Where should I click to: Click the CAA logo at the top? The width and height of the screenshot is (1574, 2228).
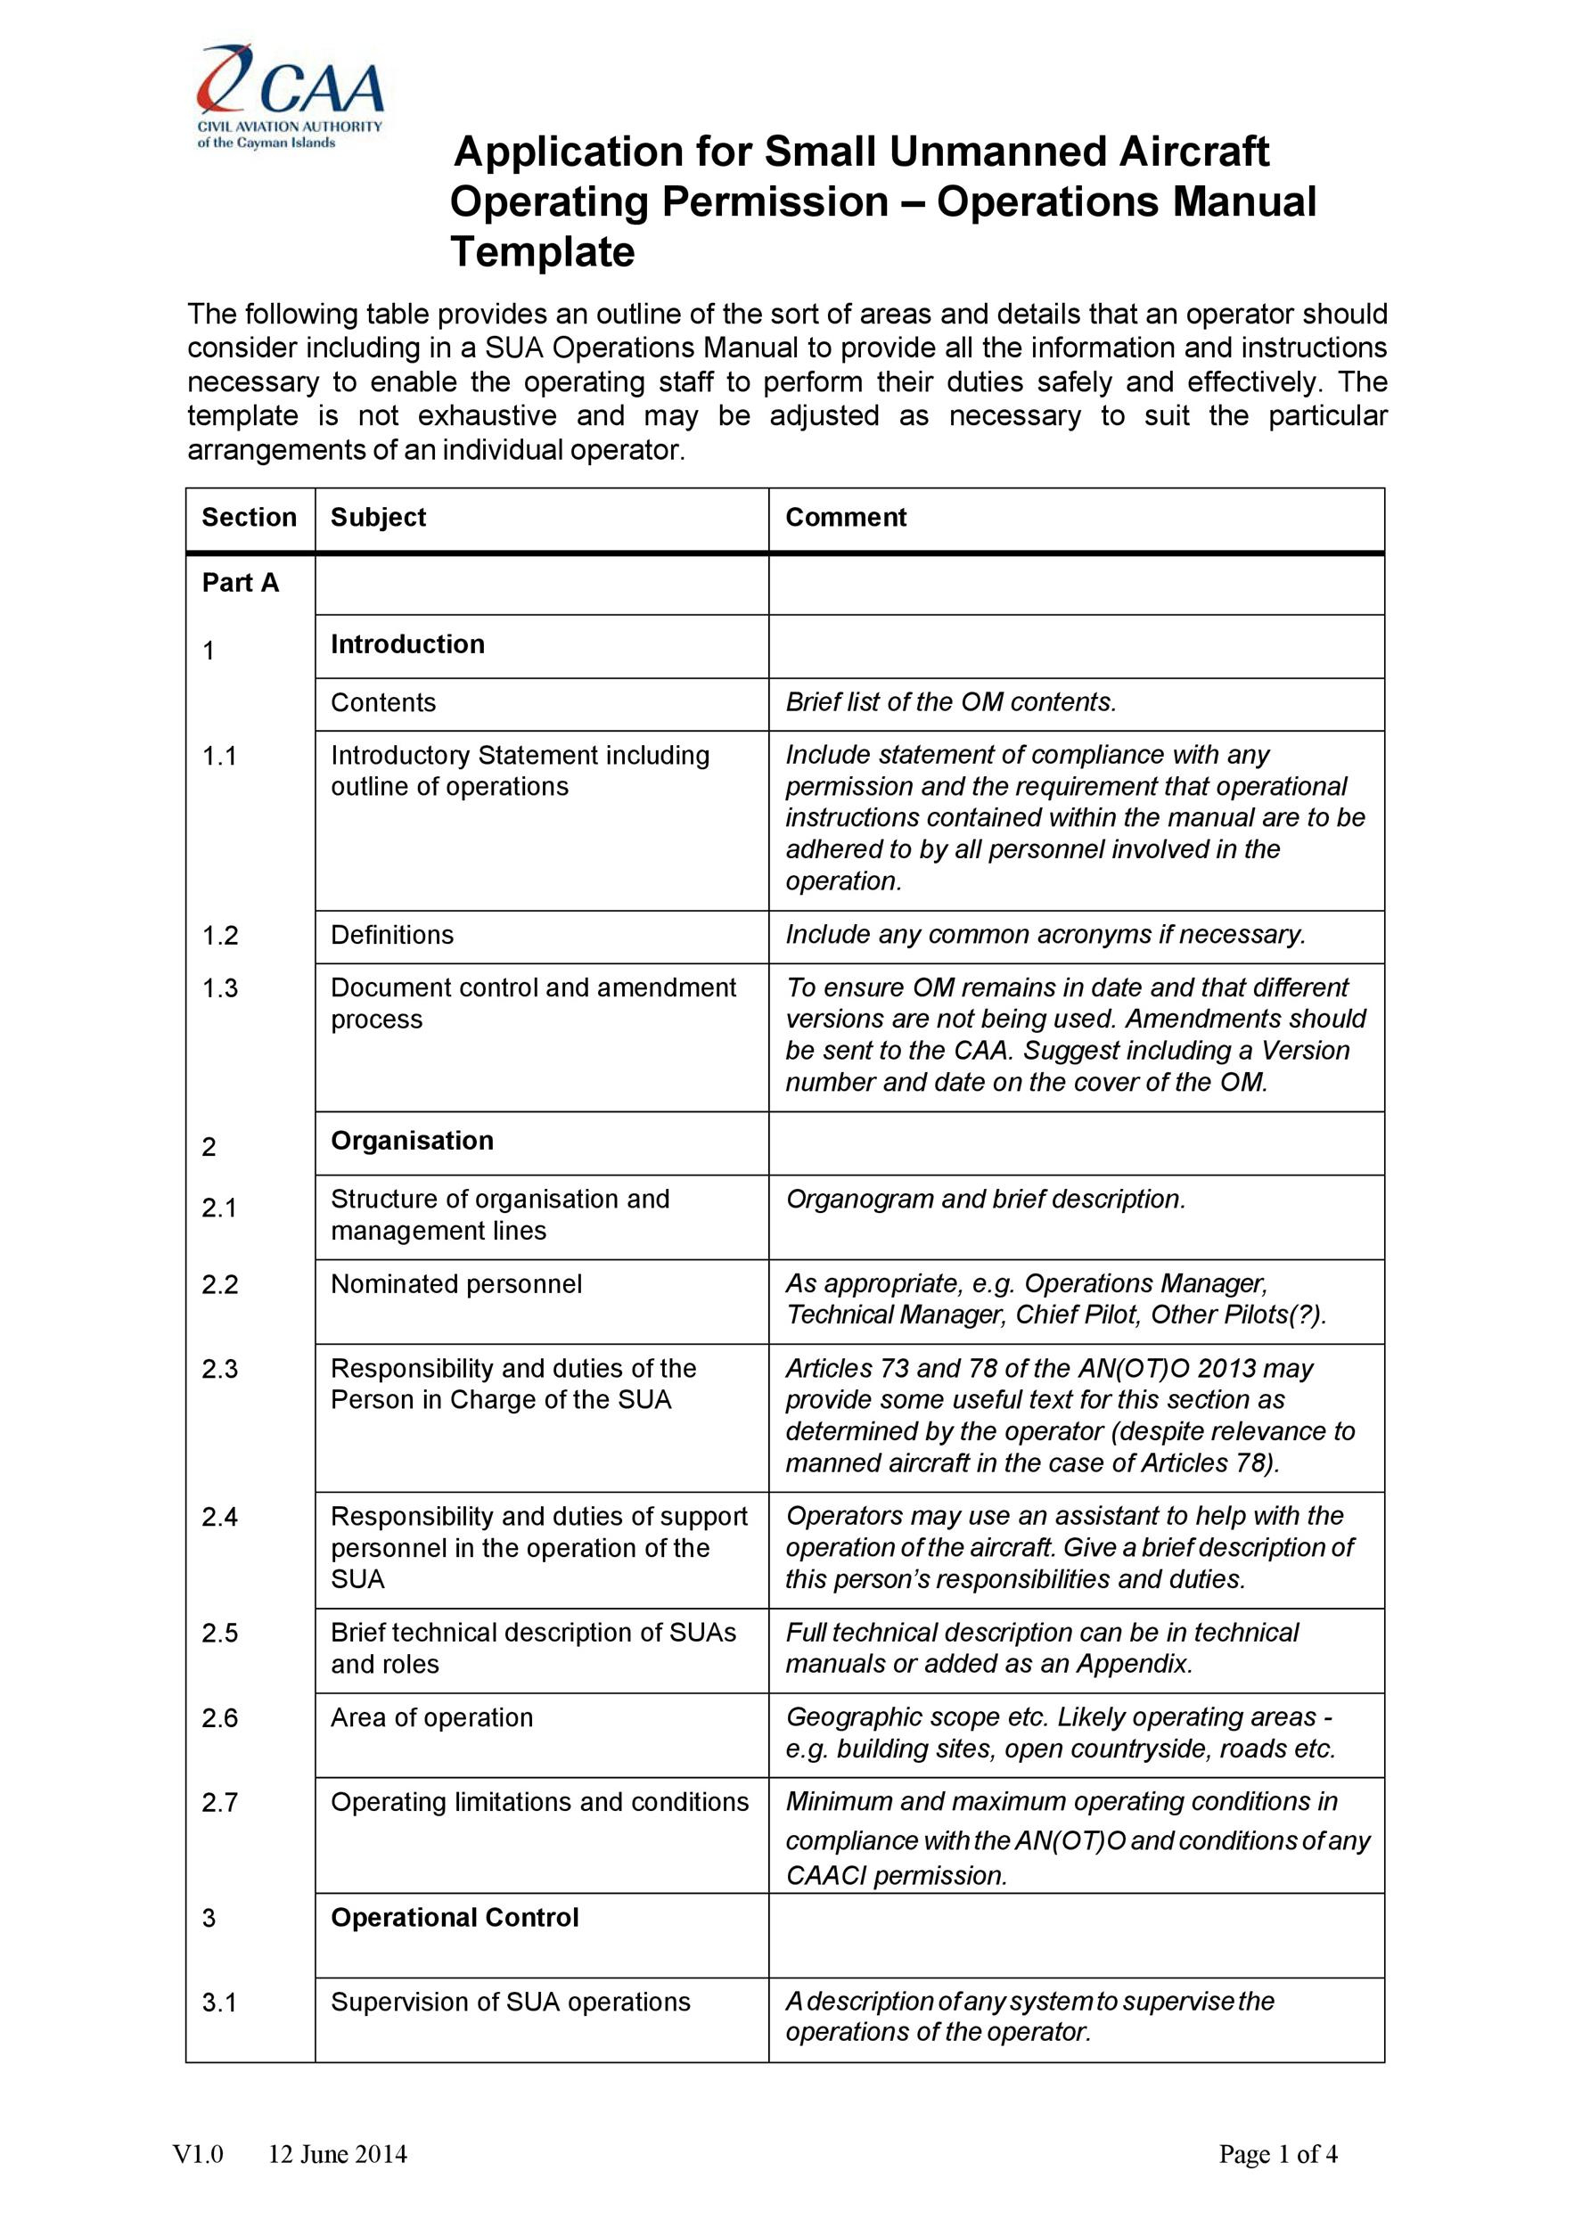coord(291,95)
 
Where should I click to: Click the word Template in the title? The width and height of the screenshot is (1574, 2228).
coord(543,252)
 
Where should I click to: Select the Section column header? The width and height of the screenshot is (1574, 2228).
coord(249,517)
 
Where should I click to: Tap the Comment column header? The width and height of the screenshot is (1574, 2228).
coord(845,517)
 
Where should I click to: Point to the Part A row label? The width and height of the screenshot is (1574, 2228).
coord(240,582)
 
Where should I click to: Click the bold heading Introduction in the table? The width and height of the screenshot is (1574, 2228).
coord(407,644)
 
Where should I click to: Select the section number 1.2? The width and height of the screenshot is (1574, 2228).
coord(219,936)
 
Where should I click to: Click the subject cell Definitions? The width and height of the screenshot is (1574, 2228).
coord(392,935)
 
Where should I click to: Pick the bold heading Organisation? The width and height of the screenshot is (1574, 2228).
coord(412,1140)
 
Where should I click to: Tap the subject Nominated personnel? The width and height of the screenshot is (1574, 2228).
coord(456,1284)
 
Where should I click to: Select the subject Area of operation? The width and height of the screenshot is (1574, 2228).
coord(432,1716)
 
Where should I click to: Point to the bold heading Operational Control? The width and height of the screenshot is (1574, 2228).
coord(455,1918)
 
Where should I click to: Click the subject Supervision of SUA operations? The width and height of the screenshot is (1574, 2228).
coord(511,2001)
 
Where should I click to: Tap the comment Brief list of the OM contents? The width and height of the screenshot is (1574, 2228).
coord(951,702)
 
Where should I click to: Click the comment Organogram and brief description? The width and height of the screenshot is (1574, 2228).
coord(985,1200)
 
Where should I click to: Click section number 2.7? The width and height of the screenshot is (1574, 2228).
coord(219,1802)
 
